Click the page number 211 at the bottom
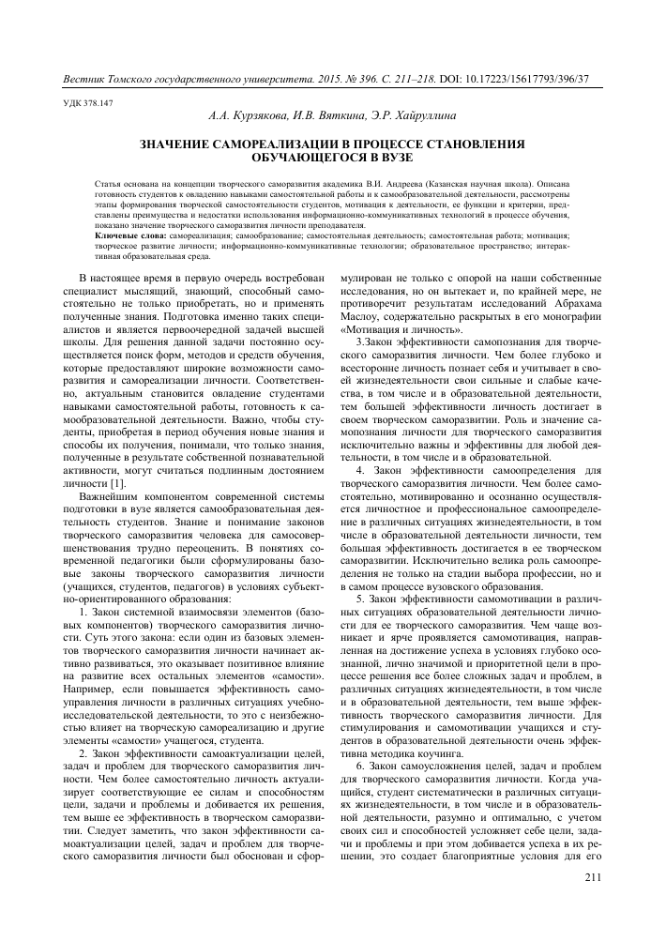591,878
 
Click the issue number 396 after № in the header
368,77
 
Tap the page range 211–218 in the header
415,77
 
